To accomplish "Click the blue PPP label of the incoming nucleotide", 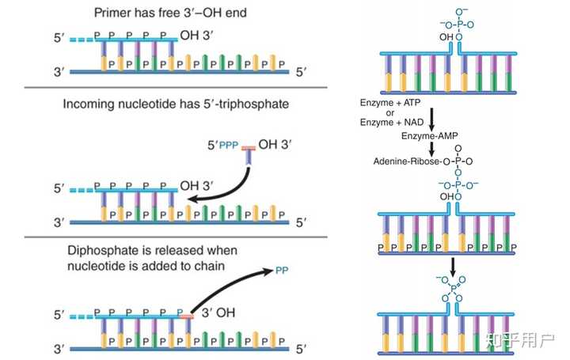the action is (229, 146).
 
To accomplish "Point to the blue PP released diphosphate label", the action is (282, 271).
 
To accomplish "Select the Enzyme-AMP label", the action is (429, 136).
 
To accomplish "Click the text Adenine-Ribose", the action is (406, 161).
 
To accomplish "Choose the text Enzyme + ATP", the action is (390, 103).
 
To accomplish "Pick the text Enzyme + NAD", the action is (392, 122).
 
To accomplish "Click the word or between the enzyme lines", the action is (390, 112).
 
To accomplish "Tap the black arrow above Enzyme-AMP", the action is (431, 119).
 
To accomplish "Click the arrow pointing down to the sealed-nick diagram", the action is (453, 267).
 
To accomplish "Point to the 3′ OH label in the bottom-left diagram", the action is (218, 313).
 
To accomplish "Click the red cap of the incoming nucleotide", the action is (249, 148).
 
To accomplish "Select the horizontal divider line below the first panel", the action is (176, 88).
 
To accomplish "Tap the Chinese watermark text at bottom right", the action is (521, 342).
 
